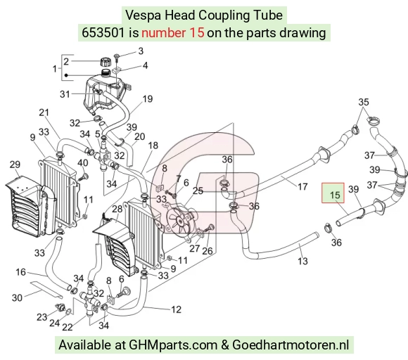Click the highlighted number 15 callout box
333,193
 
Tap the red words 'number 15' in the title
173,33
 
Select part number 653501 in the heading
103,33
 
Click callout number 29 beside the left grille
15,165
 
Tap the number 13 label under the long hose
302,261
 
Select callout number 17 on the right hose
302,186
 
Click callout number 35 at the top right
364,102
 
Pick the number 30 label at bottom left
17,297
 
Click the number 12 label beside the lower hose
176,309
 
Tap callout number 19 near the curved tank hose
148,99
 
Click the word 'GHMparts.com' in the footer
173,345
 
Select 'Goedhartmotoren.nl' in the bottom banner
291,345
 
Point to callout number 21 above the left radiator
44,112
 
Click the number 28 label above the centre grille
117,209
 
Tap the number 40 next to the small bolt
83,163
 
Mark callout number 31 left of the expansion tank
65,94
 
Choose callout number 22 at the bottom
67,327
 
